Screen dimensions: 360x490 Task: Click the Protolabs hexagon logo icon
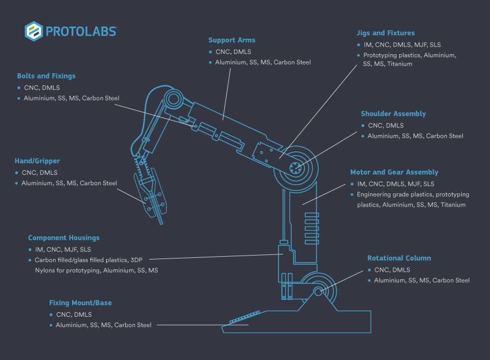33,31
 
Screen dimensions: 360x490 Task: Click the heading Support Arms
232,40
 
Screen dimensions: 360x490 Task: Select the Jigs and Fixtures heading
385,33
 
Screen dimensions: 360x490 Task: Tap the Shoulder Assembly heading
393,114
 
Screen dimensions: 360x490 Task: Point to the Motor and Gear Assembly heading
394,172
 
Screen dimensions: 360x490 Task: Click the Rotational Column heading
399,258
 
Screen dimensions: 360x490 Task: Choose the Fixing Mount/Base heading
80,303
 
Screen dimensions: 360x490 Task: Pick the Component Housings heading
63,238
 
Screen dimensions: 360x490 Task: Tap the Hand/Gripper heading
37,161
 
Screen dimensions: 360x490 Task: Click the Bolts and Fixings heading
46,76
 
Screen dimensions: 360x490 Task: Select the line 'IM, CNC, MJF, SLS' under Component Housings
63,249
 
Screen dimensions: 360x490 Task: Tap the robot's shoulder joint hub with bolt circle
296,168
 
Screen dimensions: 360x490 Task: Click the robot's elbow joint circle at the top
172,100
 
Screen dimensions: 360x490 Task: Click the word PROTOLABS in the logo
82,31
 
